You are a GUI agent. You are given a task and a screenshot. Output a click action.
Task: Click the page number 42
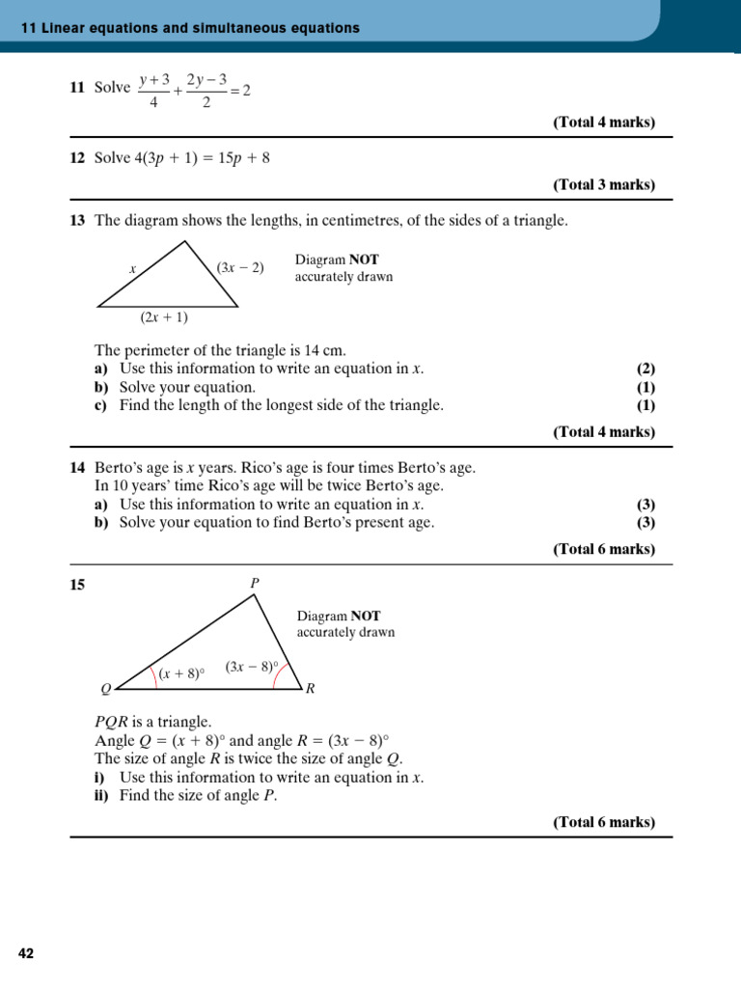click(26, 953)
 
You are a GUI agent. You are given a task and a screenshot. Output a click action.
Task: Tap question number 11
click(77, 88)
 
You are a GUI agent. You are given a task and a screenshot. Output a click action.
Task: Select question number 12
click(77, 158)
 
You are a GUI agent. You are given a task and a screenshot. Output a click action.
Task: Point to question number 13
click(77, 221)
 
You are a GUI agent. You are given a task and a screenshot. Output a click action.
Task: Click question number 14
click(77, 468)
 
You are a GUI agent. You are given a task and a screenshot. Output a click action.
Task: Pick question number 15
click(77, 584)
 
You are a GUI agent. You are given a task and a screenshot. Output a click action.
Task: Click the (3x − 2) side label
click(240, 267)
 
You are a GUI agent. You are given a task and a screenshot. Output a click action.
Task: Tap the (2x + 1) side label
click(164, 317)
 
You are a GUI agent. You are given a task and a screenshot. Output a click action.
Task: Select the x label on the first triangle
click(132, 269)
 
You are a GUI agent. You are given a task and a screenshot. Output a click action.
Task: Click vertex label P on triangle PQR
click(256, 583)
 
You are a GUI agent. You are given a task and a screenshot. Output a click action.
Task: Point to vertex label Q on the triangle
click(106, 689)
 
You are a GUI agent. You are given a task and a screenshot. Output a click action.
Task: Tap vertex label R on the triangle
click(310, 689)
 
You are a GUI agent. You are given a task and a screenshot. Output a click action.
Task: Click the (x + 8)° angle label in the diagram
click(183, 674)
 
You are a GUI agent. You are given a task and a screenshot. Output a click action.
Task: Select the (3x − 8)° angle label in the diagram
click(252, 667)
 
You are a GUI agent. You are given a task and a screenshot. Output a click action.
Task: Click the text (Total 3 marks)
click(603, 184)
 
